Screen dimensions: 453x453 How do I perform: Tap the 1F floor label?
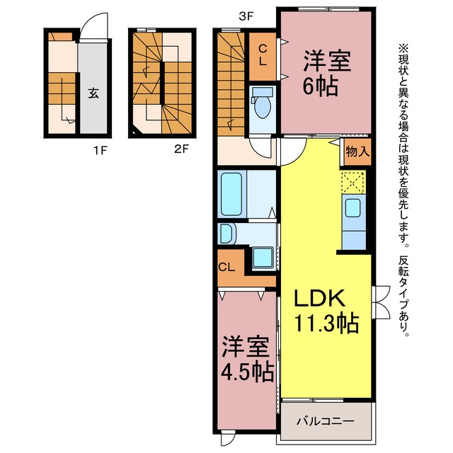coord(101,150)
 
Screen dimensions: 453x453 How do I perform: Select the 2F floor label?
coord(181,149)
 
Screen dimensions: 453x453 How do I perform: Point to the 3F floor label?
coord(246,17)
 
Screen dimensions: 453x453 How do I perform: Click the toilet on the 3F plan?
coord(262,103)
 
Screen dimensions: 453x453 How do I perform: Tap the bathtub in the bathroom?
coord(231,194)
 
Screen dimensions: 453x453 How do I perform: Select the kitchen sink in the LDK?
coord(352,208)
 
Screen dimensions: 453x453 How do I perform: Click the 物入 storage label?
coord(357,151)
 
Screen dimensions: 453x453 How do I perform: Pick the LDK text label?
coord(319,298)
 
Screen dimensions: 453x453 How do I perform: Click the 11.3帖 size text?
coord(326,323)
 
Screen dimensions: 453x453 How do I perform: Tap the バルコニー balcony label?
coord(326,421)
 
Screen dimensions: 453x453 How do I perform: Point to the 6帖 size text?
coord(320,86)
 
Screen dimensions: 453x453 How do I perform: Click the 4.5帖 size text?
coord(247,372)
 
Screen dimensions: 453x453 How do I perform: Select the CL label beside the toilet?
coord(263,56)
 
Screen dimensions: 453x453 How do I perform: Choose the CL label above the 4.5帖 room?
coord(226,268)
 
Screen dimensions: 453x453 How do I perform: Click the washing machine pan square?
coord(263,257)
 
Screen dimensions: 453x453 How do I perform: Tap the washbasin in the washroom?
coord(227,234)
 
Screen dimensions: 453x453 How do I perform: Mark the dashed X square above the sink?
coord(352,183)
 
